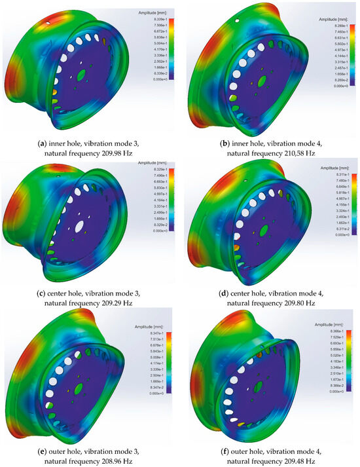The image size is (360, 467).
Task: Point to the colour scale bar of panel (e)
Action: click(x=172, y=352)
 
